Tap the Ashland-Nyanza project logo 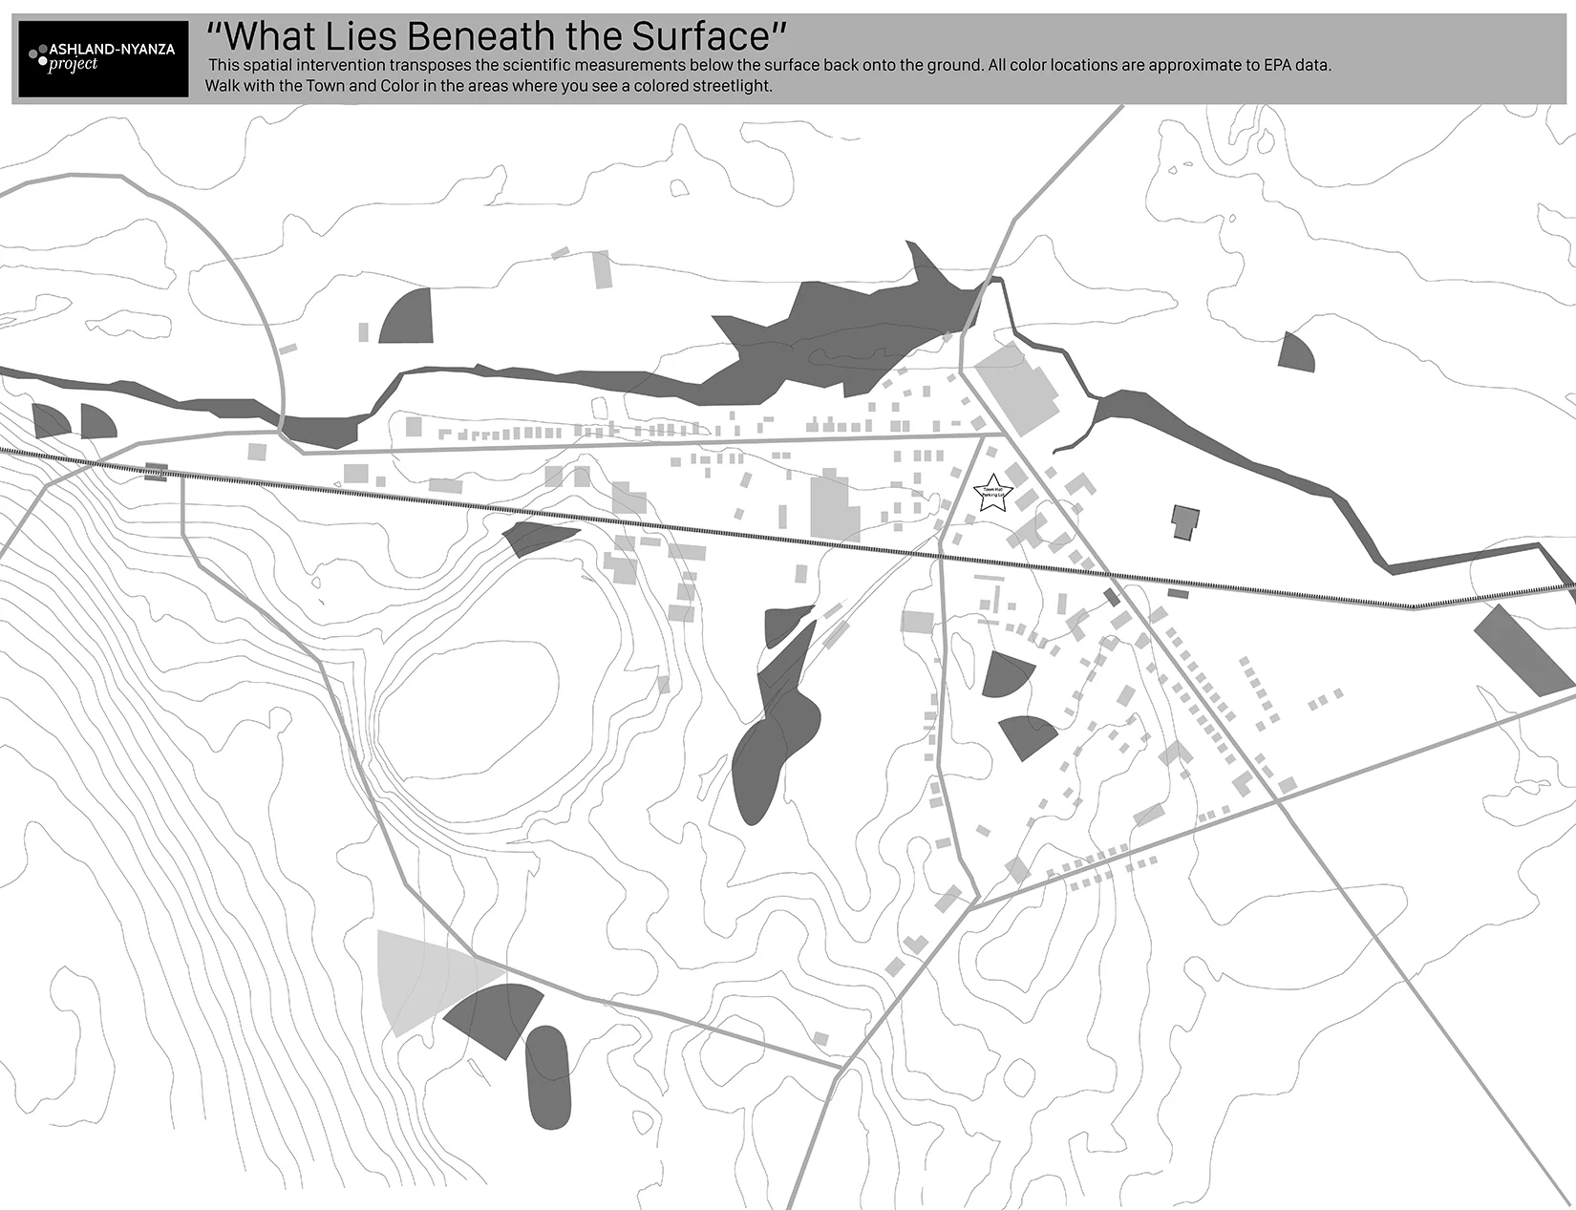point(104,58)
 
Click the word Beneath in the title point(485,36)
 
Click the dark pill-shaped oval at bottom point(548,1075)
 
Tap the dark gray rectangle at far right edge point(1523,648)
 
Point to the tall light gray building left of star point(834,506)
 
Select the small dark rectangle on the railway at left point(156,471)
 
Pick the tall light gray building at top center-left point(602,269)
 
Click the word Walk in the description point(223,86)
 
